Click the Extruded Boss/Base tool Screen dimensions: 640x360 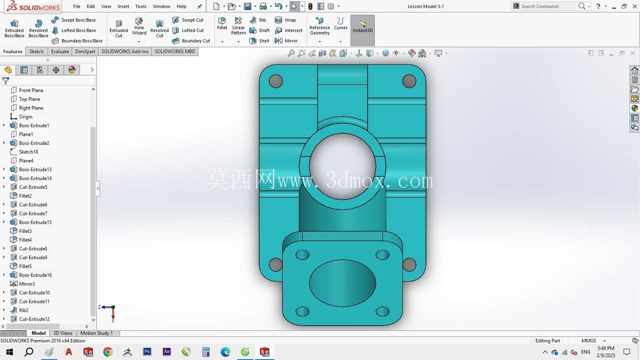point(14,29)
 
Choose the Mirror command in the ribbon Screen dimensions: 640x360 point(286,41)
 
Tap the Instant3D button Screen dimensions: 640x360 point(362,30)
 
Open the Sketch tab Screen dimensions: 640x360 point(36,52)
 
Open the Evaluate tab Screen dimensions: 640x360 point(60,52)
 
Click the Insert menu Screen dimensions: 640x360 point(123,6)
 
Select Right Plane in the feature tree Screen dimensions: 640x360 point(31,108)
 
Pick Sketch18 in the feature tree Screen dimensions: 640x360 point(28,152)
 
